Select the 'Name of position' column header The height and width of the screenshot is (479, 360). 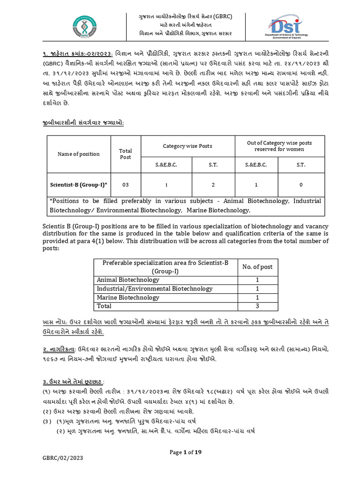pos(79,154)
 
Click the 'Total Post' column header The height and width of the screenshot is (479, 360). pos(126,154)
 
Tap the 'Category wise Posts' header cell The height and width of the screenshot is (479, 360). pos(187,146)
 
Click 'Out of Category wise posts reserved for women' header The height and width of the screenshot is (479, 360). pos(279,146)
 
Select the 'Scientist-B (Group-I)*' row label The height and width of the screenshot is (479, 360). pos(79,185)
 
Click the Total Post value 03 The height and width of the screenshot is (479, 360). pos(126,185)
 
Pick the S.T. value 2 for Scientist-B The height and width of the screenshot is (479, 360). pos(213,185)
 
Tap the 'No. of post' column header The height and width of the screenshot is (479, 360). pos(257,267)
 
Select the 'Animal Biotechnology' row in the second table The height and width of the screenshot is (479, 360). pos(128,280)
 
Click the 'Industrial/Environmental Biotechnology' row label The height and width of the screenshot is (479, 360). pos(155,289)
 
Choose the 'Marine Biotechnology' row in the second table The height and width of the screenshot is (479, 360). pos(128,298)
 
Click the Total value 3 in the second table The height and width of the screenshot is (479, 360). pos(257,306)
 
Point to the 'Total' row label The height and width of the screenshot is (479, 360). pos(104,306)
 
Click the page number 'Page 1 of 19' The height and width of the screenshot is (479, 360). pos(185,452)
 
